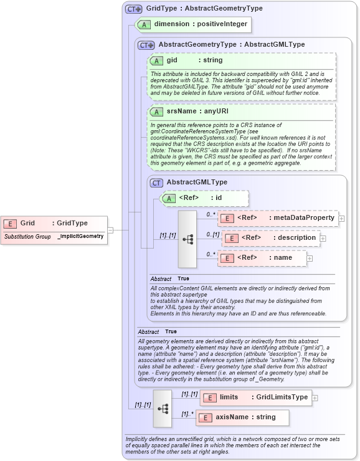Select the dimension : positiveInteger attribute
tap(193, 25)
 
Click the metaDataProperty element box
tap(277, 218)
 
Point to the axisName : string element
tap(242, 417)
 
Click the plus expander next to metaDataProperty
tap(341, 219)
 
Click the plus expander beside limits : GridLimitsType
tap(315, 397)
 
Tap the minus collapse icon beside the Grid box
tap(110, 229)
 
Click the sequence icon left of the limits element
tap(163, 408)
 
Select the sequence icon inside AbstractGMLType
tap(187, 238)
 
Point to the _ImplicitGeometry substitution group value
tap(80, 237)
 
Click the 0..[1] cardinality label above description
tap(212, 234)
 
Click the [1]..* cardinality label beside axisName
tap(186, 414)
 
